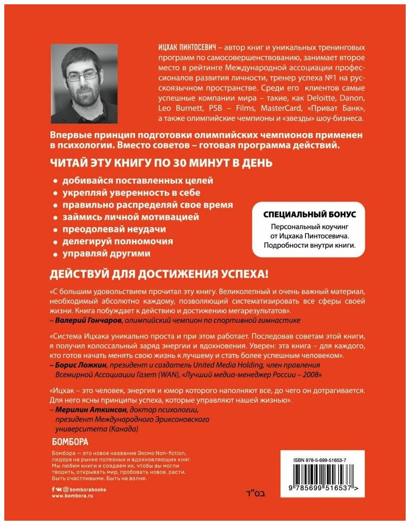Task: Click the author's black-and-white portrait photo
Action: pos(84,83)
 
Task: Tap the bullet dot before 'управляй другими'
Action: pos(55,254)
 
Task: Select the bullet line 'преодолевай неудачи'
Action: pos(114,229)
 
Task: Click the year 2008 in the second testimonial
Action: pos(313,375)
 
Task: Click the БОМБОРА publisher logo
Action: pos(70,442)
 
